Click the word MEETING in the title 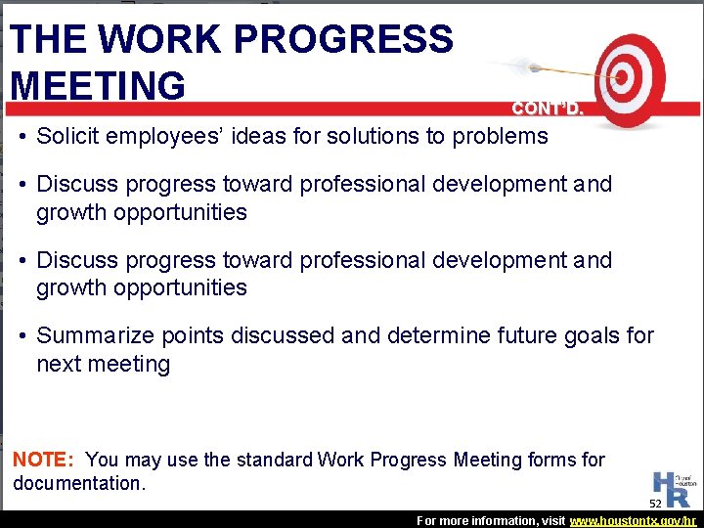[x=97, y=84]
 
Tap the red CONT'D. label [x=549, y=110]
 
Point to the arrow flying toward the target [x=548, y=69]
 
